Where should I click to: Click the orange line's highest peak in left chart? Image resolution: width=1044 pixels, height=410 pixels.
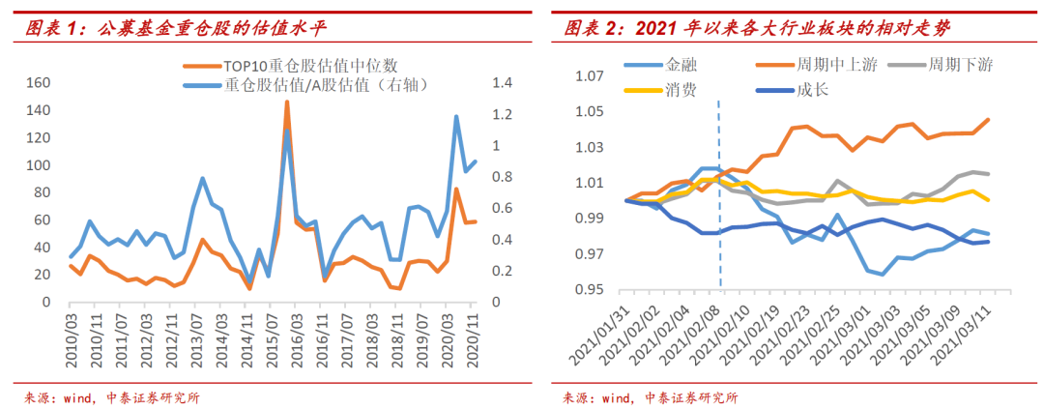(x=287, y=102)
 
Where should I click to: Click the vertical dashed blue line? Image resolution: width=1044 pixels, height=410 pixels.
(x=718, y=193)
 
